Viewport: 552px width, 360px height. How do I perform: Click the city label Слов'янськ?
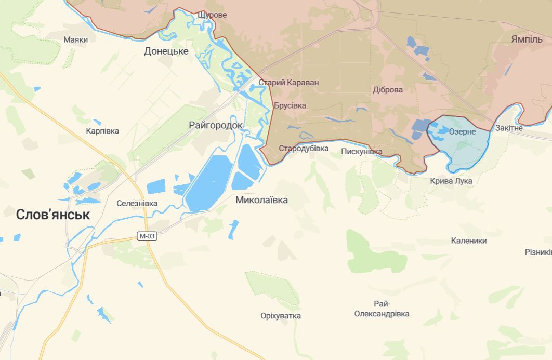pos(53,215)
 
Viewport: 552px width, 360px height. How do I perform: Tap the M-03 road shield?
pos(147,236)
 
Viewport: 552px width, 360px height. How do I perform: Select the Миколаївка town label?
pos(261,200)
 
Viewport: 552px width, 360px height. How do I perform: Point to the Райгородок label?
pos(216,125)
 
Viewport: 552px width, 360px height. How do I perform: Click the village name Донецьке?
pos(166,51)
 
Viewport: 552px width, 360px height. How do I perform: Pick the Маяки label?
pos(75,39)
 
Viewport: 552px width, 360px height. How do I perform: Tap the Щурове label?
pos(212,15)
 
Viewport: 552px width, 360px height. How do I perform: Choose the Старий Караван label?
pos(288,82)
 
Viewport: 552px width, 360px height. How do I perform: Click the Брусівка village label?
pos(290,105)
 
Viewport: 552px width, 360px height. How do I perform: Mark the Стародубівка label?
pos(304,149)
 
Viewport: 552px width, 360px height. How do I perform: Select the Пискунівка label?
pos(362,152)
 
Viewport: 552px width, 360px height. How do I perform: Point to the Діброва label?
pos(388,89)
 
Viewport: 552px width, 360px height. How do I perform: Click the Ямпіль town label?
pos(527,39)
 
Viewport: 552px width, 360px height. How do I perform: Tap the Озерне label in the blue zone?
pos(462,131)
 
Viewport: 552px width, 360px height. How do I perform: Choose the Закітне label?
pos(509,127)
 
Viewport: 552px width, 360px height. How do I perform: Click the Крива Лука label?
pos(451,181)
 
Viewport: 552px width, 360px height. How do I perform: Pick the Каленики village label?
pos(469,241)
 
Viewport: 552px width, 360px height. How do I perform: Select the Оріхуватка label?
pos(281,316)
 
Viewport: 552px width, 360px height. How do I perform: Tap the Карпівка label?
pos(102,131)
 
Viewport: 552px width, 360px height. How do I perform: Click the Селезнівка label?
pos(137,203)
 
